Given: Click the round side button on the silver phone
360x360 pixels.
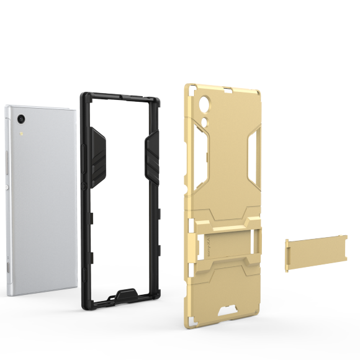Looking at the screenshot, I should [x=6, y=187].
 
